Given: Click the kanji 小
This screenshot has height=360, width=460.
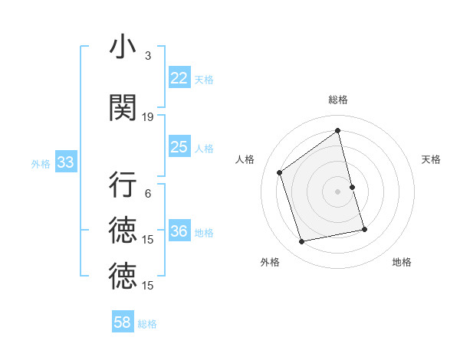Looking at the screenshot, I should point(122,47).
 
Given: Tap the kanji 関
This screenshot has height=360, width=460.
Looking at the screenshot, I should point(122,108).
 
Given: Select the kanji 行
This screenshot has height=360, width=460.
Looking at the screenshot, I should point(122,185).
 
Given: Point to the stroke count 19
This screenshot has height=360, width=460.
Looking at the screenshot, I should point(148,117).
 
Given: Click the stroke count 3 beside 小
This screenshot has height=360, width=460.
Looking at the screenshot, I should point(148,56).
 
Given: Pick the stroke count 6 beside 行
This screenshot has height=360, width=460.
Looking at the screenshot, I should point(148,194).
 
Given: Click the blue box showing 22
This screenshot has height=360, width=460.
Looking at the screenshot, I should point(179,78).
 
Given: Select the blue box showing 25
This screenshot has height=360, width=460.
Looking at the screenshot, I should point(179,147).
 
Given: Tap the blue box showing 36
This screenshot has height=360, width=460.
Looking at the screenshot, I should point(179,232).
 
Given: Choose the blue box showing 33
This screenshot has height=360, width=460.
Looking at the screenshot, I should point(65,162).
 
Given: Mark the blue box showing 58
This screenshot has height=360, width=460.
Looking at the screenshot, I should point(123,322).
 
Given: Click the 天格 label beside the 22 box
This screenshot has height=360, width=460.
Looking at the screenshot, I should point(204,79).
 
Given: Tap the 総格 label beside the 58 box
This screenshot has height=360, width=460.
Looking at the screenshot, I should point(147,324).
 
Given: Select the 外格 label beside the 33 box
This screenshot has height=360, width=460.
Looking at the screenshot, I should point(41,163).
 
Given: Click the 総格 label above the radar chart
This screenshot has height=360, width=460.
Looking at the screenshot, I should point(337,100).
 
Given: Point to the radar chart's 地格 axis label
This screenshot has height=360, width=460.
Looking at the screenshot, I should point(402,262).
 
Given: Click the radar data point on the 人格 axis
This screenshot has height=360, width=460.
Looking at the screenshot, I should point(280,172).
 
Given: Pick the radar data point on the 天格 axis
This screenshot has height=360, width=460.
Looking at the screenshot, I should point(352,187).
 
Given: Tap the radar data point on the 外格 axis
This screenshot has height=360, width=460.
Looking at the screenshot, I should point(302,241).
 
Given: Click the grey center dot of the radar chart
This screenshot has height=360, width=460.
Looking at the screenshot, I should point(337,191).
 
